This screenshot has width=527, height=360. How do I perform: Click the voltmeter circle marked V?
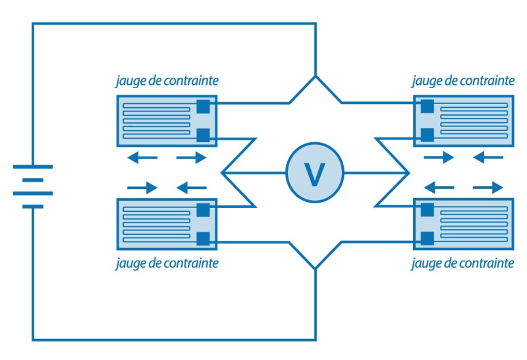point(315,173)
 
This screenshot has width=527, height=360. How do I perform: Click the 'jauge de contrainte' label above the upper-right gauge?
point(463,81)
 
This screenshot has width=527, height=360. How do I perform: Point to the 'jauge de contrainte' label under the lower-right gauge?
point(463,263)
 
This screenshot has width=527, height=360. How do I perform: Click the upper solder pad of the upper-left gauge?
point(203,106)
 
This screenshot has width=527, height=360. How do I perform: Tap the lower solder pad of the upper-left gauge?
point(203,136)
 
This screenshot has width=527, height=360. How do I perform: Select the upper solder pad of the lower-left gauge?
point(203,210)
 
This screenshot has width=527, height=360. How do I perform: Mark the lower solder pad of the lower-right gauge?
point(427,238)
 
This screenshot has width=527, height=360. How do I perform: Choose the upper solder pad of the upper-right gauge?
point(427,106)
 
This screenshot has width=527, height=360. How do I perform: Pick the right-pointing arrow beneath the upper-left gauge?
point(192,157)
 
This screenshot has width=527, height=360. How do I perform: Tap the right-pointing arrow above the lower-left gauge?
point(142,188)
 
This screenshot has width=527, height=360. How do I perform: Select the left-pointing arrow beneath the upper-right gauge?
point(489,157)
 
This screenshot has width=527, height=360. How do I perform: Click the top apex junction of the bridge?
point(316,76)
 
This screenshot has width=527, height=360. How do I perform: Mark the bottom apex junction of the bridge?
point(316,269)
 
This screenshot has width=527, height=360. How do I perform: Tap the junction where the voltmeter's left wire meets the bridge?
point(223,173)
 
